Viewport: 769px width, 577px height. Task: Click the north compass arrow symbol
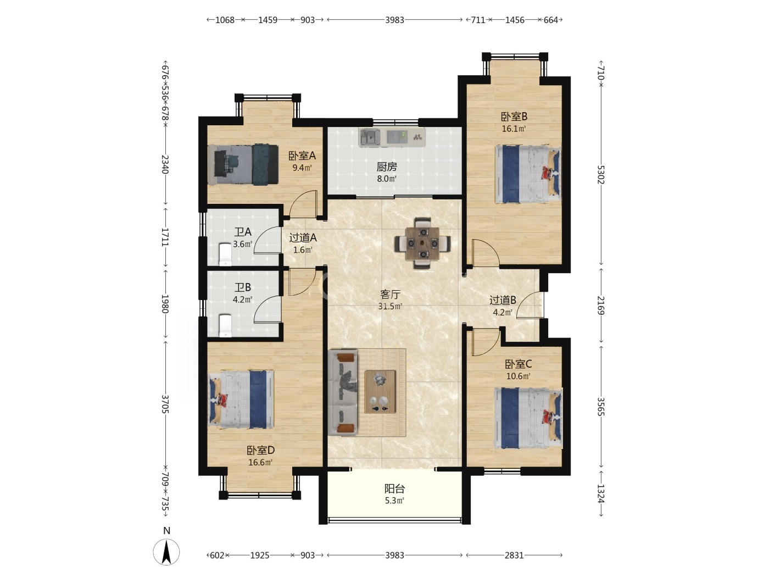tap(166, 552)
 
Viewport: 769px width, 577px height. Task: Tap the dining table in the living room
tap(422, 243)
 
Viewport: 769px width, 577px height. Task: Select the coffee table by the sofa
tap(380, 392)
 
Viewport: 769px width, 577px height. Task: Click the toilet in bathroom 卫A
tap(225, 254)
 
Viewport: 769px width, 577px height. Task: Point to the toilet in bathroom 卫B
tap(225, 325)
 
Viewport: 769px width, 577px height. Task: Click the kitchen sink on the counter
tap(370, 137)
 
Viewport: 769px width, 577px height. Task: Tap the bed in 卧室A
tap(243, 164)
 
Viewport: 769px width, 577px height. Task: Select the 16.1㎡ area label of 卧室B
tap(514, 129)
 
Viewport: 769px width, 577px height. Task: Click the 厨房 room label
tap(387, 167)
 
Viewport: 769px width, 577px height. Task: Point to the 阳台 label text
tap(394, 489)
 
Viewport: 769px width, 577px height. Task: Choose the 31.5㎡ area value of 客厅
tap(390, 306)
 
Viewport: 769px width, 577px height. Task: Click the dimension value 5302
tap(600, 174)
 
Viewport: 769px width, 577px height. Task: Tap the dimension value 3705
tap(165, 404)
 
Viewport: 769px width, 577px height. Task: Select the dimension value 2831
tap(514, 555)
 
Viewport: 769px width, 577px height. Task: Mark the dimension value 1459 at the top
tap(268, 20)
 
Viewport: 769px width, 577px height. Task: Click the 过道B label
tap(503, 300)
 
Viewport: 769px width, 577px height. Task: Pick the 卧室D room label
tap(261, 450)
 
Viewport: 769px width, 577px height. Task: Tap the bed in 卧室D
tap(241, 399)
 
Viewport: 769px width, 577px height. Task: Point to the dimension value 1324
tap(600, 493)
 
